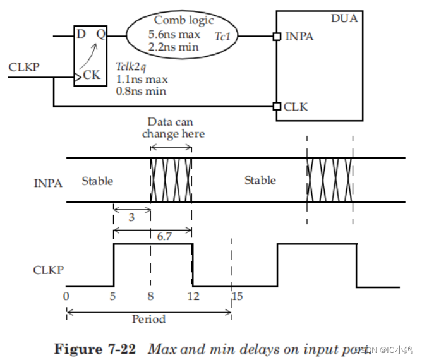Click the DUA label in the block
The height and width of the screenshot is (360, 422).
[x=344, y=19]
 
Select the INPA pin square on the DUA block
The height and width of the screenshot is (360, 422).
[x=277, y=37]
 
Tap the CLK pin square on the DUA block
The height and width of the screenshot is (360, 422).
[x=277, y=105]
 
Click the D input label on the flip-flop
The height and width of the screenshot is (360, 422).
[x=81, y=33]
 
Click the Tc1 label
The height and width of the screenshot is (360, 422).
[x=223, y=37]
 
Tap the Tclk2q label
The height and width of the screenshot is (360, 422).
[x=132, y=66]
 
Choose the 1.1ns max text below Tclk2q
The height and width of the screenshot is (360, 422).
[x=141, y=79]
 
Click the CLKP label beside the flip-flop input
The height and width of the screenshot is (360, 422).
[x=25, y=66]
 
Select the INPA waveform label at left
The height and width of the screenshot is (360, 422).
[x=48, y=184]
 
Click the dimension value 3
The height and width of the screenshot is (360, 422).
[x=131, y=218]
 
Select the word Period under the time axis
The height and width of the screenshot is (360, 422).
[x=148, y=319]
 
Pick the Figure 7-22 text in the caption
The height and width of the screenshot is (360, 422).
[x=95, y=348]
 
